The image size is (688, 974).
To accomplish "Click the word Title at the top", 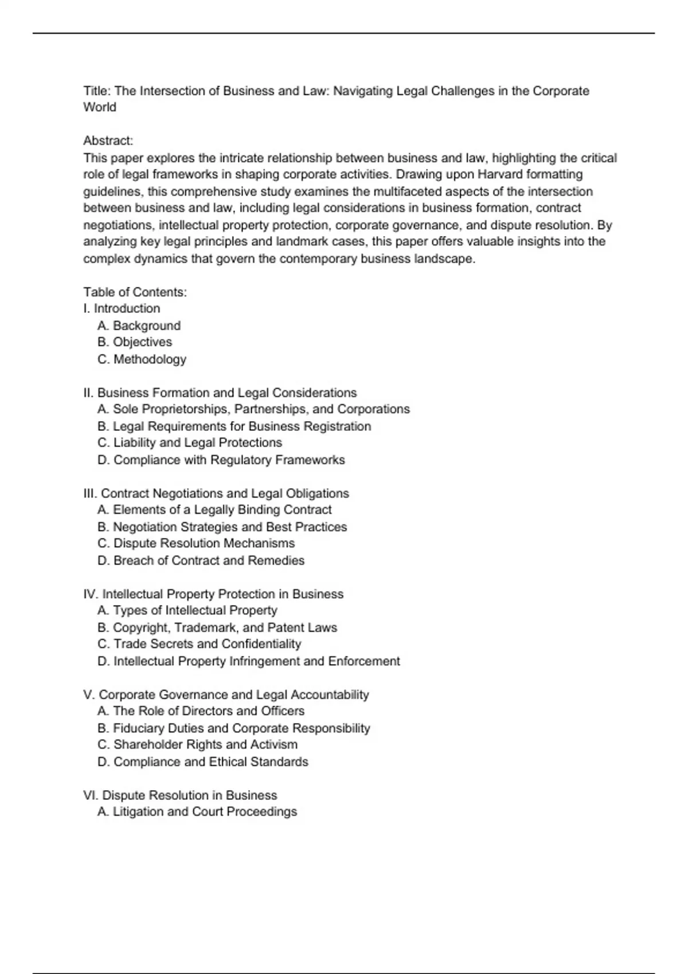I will pyautogui.click(x=97, y=91).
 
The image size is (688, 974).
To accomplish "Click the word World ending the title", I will pyautogui.click(x=100, y=107).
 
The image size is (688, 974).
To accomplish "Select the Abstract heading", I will pyautogui.click(x=108, y=141).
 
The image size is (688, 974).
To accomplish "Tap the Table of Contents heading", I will pyautogui.click(x=135, y=292).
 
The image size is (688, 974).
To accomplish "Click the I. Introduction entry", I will pyautogui.click(x=122, y=308).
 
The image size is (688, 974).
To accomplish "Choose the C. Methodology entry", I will pyautogui.click(x=142, y=359).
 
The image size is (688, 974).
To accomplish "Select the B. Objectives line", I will pyautogui.click(x=135, y=342).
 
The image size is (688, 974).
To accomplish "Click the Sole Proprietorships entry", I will pyautogui.click(x=253, y=409).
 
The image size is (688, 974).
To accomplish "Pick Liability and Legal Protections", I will pyautogui.click(x=190, y=443).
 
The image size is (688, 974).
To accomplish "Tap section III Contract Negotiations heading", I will pyautogui.click(x=216, y=493).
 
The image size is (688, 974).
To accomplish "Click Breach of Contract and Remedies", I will pyautogui.click(x=201, y=560).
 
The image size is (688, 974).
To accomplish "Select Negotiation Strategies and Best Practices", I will pyautogui.click(x=222, y=527).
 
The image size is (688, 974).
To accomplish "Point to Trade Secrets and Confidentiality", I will pyautogui.click(x=200, y=644).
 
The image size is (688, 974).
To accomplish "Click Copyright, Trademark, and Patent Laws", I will pyautogui.click(x=217, y=627).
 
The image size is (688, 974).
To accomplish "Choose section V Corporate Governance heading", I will pyautogui.click(x=226, y=694).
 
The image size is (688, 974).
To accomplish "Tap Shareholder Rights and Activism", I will pyautogui.click(x=198, y=745).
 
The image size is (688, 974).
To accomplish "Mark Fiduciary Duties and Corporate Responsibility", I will pyautogui.click(x=234, y=728).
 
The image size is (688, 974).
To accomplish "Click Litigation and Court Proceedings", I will pyautogui.click(x=197, y=812).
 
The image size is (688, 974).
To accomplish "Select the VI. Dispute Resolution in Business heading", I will pyautogui.click(x=180, y=795).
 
